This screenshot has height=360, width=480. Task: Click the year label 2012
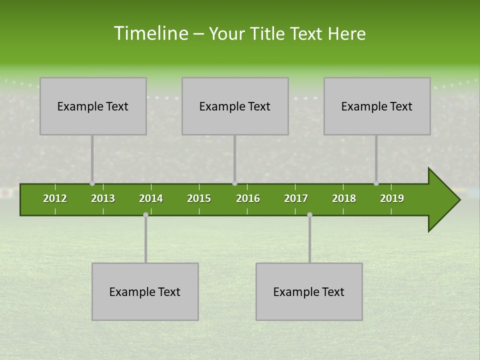55,198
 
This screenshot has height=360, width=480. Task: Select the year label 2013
103,198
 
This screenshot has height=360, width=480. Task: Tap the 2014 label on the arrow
151,198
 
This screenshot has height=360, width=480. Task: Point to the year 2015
199,198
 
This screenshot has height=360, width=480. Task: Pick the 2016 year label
248,198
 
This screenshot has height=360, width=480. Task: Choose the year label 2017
296,198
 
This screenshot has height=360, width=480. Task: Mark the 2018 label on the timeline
344,198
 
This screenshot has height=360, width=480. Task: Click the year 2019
392,198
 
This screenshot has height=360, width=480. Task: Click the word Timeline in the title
150,33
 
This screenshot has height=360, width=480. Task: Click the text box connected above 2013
93,106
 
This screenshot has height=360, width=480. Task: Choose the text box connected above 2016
235,106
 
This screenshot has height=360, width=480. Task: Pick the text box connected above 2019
377,106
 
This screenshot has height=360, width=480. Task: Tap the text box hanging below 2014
145,291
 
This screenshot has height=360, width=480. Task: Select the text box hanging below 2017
309,291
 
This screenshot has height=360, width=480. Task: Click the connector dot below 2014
145,214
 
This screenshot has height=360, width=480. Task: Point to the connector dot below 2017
309,214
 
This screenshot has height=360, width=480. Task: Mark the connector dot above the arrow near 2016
234,183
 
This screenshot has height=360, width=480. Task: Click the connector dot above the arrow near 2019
376,183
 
